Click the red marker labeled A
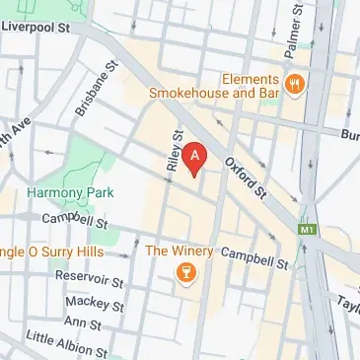click(196, 156)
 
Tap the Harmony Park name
click(57, 191)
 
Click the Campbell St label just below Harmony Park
click(67, 216)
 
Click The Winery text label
click(179, 251)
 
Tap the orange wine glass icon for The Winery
click(182, 273)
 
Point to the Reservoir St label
click(88, 281)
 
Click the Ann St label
click(82, 323)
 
